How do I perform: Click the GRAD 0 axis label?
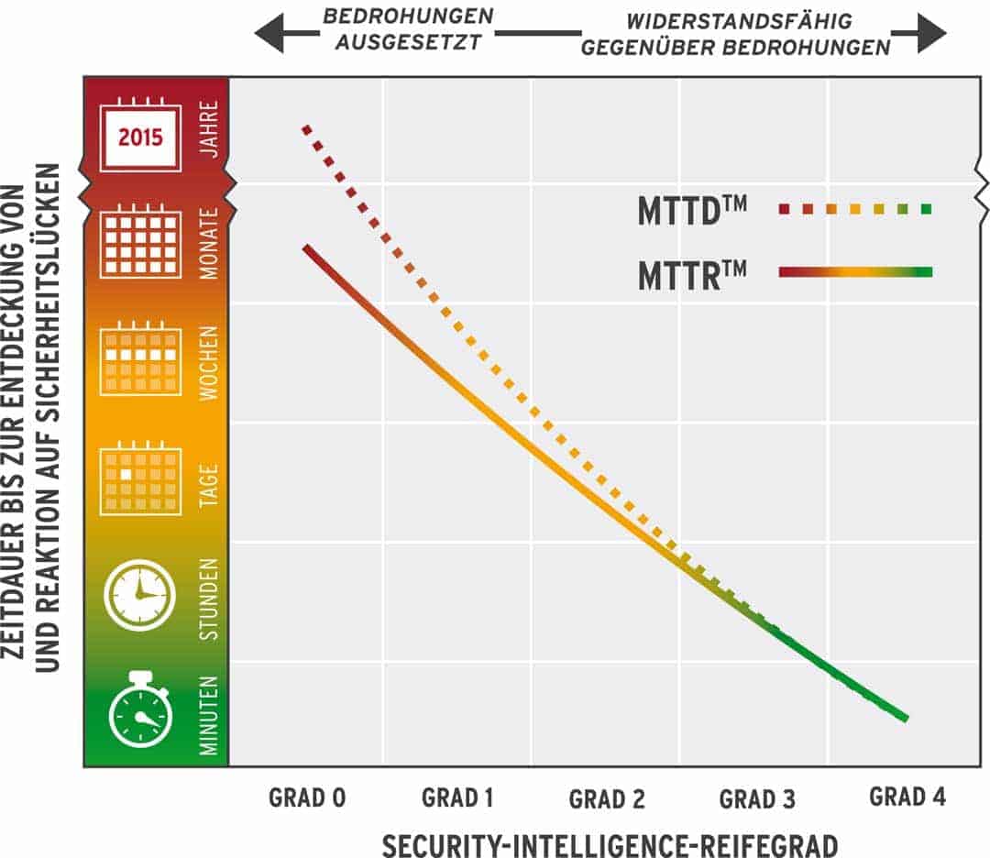point(307,797)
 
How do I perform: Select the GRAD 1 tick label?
point(457,797)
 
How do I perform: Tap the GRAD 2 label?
point(607,799)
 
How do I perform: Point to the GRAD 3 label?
point(757,799)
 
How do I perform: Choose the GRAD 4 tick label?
point(907,797)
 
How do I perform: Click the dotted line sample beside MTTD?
point(854,209)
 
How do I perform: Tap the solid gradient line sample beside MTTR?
point(854,271)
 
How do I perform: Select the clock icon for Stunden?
point(140,595)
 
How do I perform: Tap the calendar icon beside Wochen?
point(140,358)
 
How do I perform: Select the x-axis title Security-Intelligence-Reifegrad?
point(609,843)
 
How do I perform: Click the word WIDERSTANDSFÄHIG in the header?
point(739,20)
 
